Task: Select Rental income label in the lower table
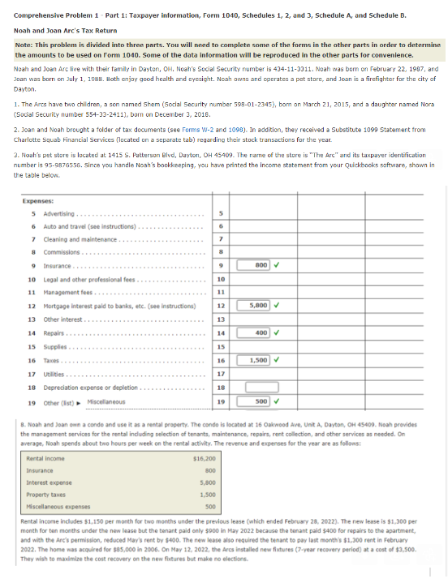point(42,459)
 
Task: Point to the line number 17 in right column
point(220,374)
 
